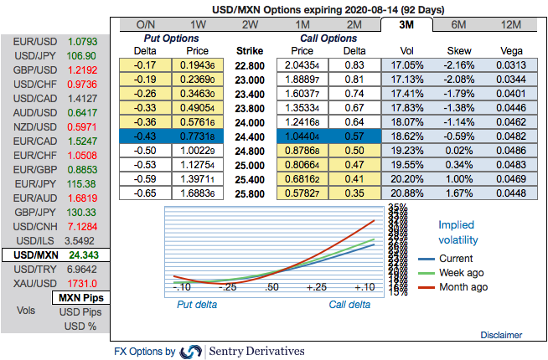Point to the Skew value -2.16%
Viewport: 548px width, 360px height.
click(458, 64)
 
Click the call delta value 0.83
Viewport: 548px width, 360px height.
click(354, 64)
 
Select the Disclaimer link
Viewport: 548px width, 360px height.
click(501, 335)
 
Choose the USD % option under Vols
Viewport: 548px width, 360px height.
click(81, 325)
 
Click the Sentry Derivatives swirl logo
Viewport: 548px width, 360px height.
click(191, 351)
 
